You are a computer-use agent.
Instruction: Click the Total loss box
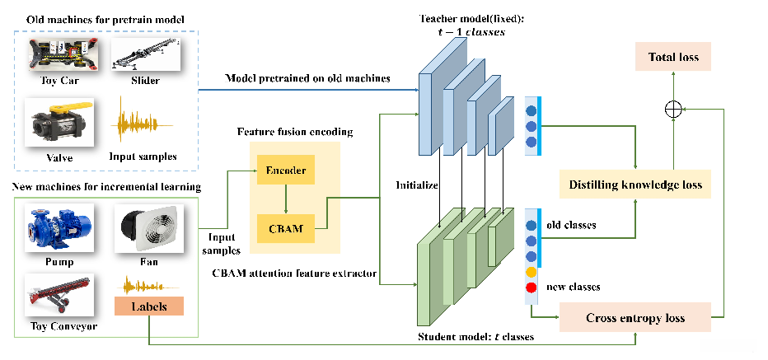pos(673,57)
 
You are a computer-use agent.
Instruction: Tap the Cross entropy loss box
pos(636,317)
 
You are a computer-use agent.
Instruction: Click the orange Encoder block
pos(286,171)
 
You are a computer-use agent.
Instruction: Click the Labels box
pos(148,306)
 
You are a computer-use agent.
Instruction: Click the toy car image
pos(59,54)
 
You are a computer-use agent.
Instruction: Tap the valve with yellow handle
pos(59,119)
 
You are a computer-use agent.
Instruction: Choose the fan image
pos(148,230)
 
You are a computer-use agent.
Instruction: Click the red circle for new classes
pos(532,288)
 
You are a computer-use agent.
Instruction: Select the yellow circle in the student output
pos(532,271)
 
